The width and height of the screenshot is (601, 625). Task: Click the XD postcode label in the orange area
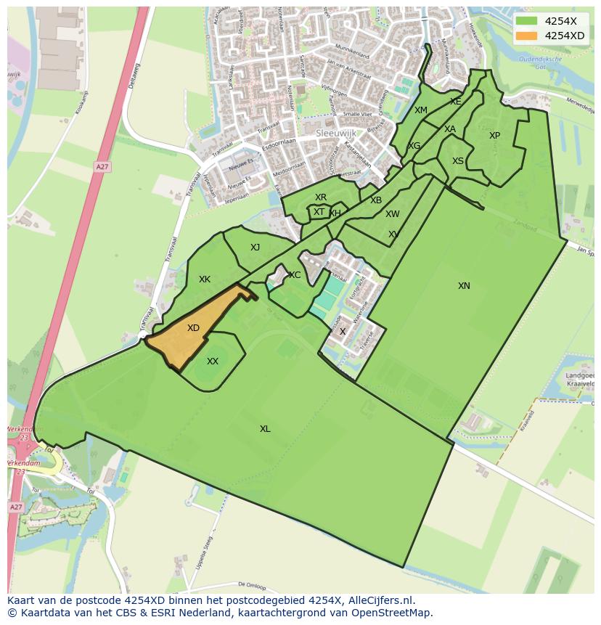[x=193, y=328]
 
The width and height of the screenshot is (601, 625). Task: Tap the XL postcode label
[x=265, y=429]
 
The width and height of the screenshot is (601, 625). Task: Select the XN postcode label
[x=464, y=286]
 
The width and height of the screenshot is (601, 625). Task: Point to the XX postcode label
[x=213, y=361]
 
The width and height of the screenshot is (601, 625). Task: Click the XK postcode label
[x=205, y=279]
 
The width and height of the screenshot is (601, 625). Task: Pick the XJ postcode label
[x=255, y=248]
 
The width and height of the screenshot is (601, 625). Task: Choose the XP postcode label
[x=494, y=136]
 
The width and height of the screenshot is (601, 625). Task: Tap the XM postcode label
[x=421, y=110]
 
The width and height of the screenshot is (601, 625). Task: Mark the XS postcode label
[x=458, y=161]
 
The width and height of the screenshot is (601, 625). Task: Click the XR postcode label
[x=321, y=197]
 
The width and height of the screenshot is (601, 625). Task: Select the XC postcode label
[x=295, y=275]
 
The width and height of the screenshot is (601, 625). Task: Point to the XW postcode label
[x=393, y=214]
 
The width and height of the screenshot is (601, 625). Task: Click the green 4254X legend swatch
[x=526, y=20]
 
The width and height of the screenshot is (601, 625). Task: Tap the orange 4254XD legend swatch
[x=526, y=35]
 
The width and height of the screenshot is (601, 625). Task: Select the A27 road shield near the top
[x=102, y=167]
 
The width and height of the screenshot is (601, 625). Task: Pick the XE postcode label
[x=455, y=102]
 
